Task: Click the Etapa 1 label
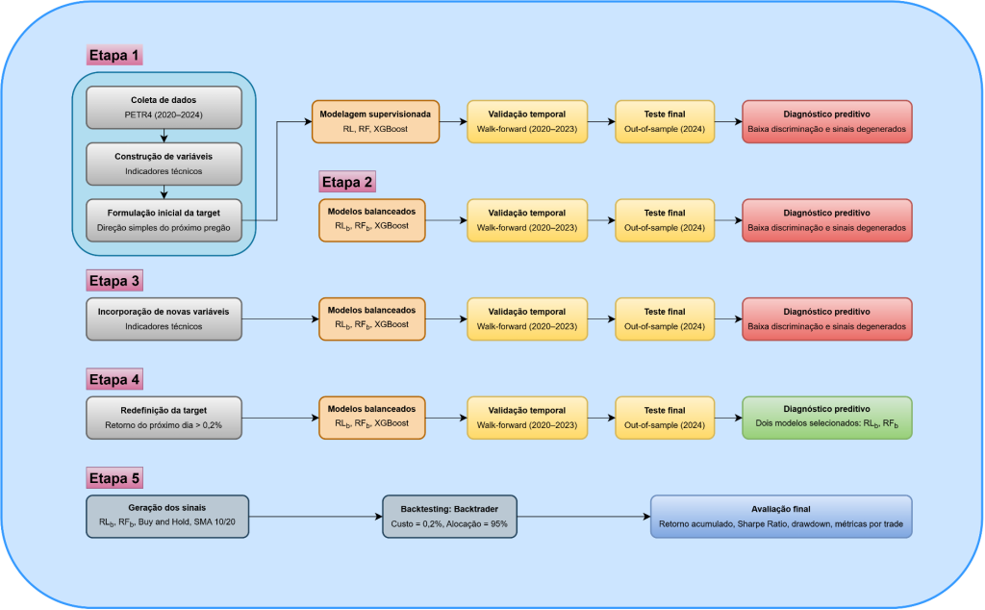[x=114, y=55]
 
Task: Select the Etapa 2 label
[x=347, y=182]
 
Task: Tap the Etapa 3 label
[x=114, y=281]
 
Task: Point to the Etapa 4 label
[x=114, y=379]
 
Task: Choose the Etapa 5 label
[x=114, y=478]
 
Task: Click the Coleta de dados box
[x=164, y=108]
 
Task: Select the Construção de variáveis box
[x=164, y=164]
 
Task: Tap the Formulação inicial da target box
[x=164, y=220]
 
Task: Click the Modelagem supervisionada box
[x=376, y=122]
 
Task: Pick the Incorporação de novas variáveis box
[x=164, y=319]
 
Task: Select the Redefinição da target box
[x=164, y=418]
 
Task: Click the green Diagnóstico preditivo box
[x=826, y=418]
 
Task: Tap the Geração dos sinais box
[x=167, y=517]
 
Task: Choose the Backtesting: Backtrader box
[x=450, y=517]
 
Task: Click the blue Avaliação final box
[x=781, y=517]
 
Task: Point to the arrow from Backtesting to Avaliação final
[x=584, y=517]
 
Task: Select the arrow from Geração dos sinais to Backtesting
[x=316, y=517]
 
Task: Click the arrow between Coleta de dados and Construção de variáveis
[x=164, y=136]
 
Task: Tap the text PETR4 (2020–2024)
[x=164, y=114]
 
